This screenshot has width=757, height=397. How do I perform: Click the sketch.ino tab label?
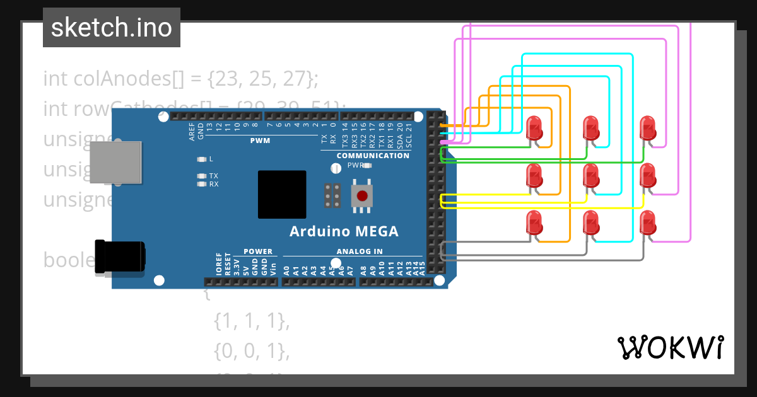point(112,28)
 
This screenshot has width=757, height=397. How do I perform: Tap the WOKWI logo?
point(669,347)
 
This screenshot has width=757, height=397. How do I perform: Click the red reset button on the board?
point(362,195)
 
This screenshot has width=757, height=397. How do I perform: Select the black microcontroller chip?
point(281,195)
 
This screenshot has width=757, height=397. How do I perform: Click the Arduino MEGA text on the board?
point(344,231)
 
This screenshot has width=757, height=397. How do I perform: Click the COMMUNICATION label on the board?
point(373,156)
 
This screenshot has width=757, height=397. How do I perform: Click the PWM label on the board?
point(260,141)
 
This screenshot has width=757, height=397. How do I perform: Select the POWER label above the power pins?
point(258,251)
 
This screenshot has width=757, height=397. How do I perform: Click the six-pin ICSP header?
point(332,195)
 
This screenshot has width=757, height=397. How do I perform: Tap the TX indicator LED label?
point(213,176)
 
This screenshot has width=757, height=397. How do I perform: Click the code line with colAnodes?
point(181,79)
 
